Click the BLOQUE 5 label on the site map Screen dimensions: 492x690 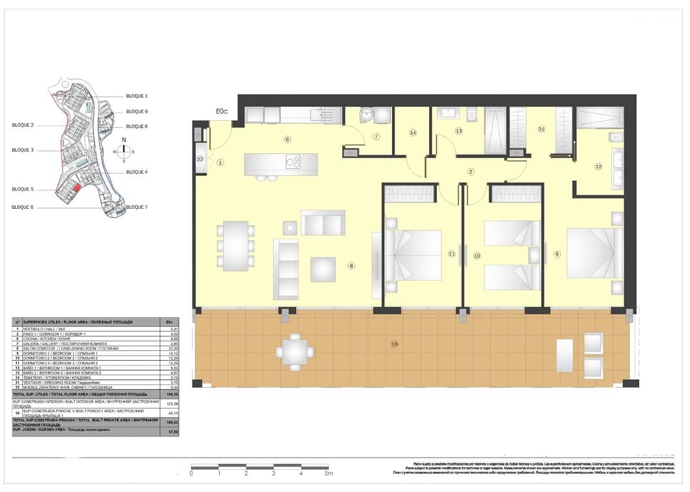pos(22,189)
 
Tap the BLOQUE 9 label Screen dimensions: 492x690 pos(137,112)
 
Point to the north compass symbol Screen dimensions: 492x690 pos(124,151)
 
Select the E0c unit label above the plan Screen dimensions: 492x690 pos(222,112)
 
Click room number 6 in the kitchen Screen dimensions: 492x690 pos(287,139)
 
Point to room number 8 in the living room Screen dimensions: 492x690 pos(351,266)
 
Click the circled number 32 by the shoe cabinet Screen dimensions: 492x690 pos(200,159)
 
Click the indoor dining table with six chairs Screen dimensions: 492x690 pos(235,246)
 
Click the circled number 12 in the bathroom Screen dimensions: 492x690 pos(597,166)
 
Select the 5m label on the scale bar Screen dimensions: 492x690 pos(329,474)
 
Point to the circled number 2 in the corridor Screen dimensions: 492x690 pos(470,172)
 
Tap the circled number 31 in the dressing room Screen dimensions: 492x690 pos(541,129)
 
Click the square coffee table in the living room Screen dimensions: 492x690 pos(323,269)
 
